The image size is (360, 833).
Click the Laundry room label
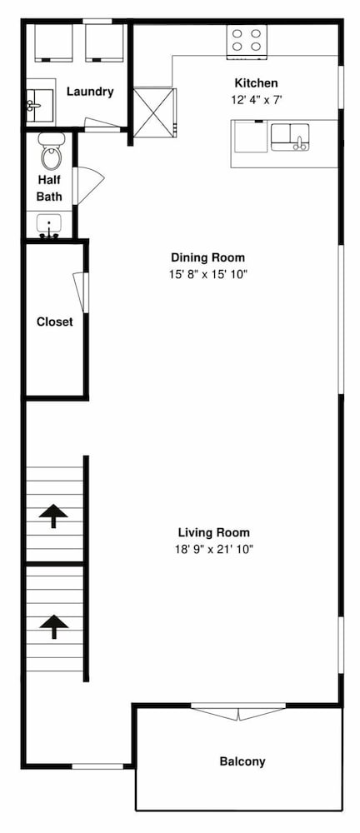[x=90, y=92]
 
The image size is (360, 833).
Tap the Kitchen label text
[x=257, y=82]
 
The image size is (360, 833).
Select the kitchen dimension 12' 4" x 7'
[x=257, y=100]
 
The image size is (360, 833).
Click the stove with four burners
[x=247, y=40]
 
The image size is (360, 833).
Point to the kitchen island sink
[x=290, y=137]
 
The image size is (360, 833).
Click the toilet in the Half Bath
[x=52, y=152]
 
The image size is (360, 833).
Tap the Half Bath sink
[x=49, y=225]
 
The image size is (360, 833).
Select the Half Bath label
[x=49, y=187]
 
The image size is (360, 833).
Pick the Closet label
[x=55, y=322]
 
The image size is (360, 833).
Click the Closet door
[x=82, y=292]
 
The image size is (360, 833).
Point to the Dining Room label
[x=208, y=257]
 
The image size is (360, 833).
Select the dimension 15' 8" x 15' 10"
[x=208, y=275]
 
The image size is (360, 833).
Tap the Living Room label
[x=214, y=532]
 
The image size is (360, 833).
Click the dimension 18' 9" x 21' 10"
[x=214, y=549]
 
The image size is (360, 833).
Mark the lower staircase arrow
[x=53, y=626]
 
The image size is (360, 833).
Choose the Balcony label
[x=242, y=761]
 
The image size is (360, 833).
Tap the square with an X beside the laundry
[x=153, y=112]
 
